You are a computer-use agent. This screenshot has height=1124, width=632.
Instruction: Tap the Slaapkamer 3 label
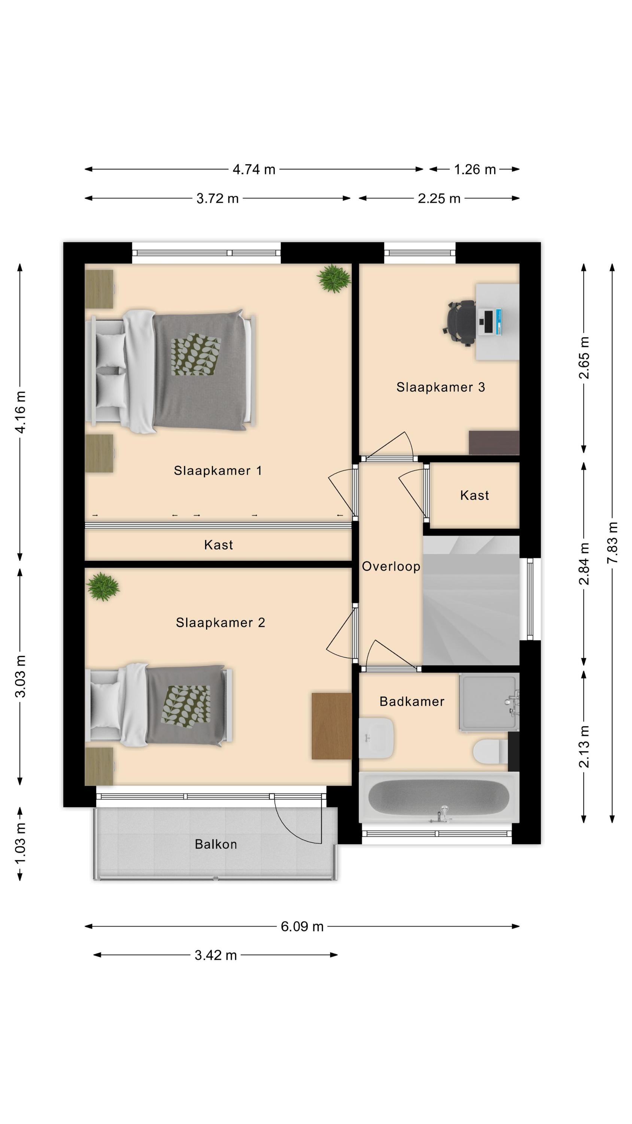[441, 387]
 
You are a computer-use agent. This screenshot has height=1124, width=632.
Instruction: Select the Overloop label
[391, 566]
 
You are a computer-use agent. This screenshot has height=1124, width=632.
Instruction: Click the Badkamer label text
[412, 701]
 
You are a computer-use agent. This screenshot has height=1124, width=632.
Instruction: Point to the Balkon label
[216, 844]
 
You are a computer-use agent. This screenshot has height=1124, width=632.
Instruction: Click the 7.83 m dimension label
[613, 543]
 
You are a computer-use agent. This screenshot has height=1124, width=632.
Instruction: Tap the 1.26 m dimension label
[475, 169]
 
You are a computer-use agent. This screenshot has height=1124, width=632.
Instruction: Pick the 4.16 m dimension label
[20, 412]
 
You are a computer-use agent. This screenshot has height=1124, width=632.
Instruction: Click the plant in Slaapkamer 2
[103, 586]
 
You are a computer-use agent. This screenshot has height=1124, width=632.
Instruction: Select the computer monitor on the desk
[490, 322]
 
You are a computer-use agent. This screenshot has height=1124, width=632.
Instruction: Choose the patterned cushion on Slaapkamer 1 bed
[196, 354]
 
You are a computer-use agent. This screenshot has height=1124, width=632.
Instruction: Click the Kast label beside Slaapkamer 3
[474, 495]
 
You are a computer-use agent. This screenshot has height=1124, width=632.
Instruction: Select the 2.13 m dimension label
[584, 747]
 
